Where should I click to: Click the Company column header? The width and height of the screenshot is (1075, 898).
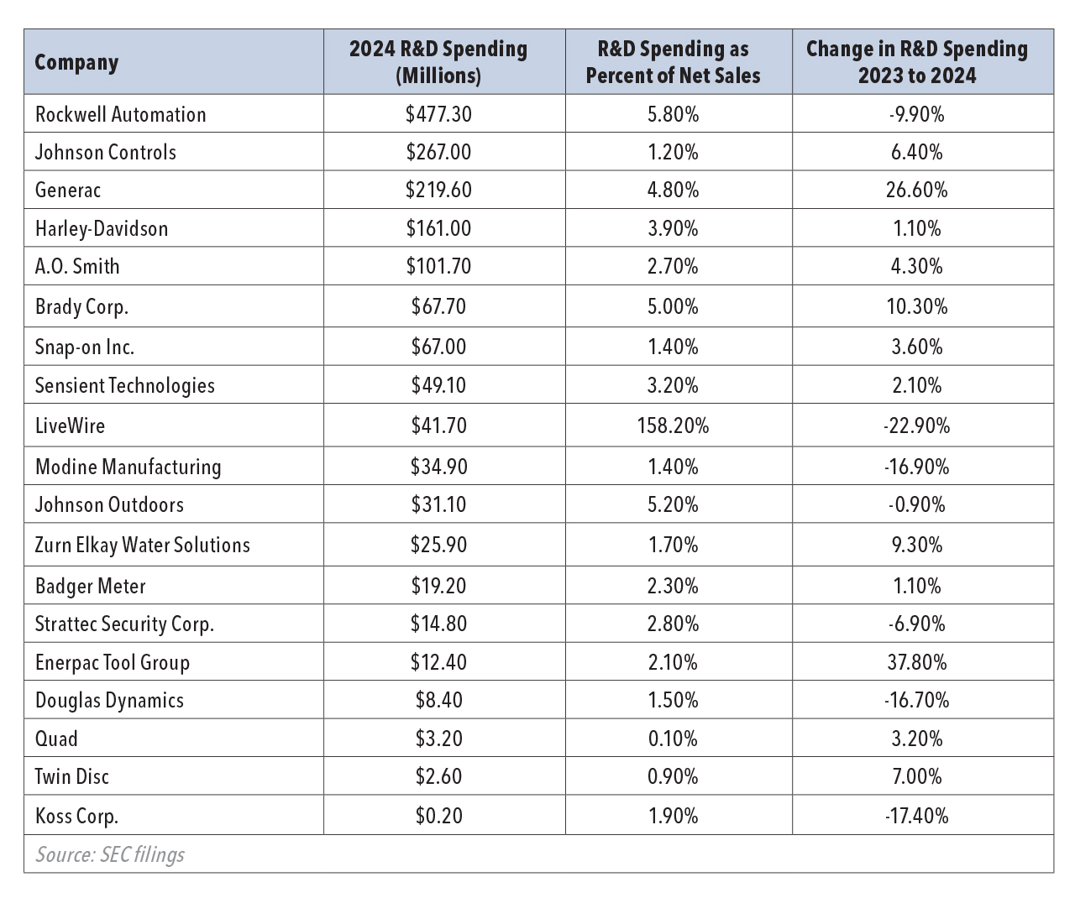pos(76,63)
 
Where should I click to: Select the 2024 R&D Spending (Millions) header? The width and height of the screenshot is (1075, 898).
pos(438,62)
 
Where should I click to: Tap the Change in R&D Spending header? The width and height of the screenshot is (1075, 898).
pos(916,62)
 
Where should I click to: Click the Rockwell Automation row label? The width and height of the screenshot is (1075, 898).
pos(120,115)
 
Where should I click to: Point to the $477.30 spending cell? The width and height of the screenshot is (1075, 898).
pos(438,115)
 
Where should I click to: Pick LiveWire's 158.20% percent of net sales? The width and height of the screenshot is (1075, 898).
pos(673,426)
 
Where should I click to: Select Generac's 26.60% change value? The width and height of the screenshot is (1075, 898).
pos(916,191)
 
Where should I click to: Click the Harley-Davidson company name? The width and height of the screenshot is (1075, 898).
pos(102,229)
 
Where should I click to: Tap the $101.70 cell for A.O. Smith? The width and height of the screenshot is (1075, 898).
pos(438,267)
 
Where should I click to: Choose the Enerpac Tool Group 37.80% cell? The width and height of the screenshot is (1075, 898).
pos(916,663)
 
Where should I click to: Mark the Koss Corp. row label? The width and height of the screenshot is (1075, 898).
pos(76,817)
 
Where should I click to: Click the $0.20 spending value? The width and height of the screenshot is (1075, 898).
pos(438,817)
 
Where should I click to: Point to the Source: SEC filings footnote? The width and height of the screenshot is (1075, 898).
pos(110,855)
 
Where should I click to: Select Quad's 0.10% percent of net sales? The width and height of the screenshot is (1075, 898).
pos(673,739)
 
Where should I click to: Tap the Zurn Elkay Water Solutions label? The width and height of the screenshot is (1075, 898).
pos(142,546)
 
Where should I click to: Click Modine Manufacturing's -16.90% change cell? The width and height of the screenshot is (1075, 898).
pos(916,467)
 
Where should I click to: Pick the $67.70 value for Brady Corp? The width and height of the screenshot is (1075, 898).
pos(438,307)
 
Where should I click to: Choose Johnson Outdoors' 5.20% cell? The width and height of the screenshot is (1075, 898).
pos(673,505)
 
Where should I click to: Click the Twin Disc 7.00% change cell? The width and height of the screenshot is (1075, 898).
pos(916,777)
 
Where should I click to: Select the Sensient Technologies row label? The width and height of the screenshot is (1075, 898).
pos(124,386)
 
